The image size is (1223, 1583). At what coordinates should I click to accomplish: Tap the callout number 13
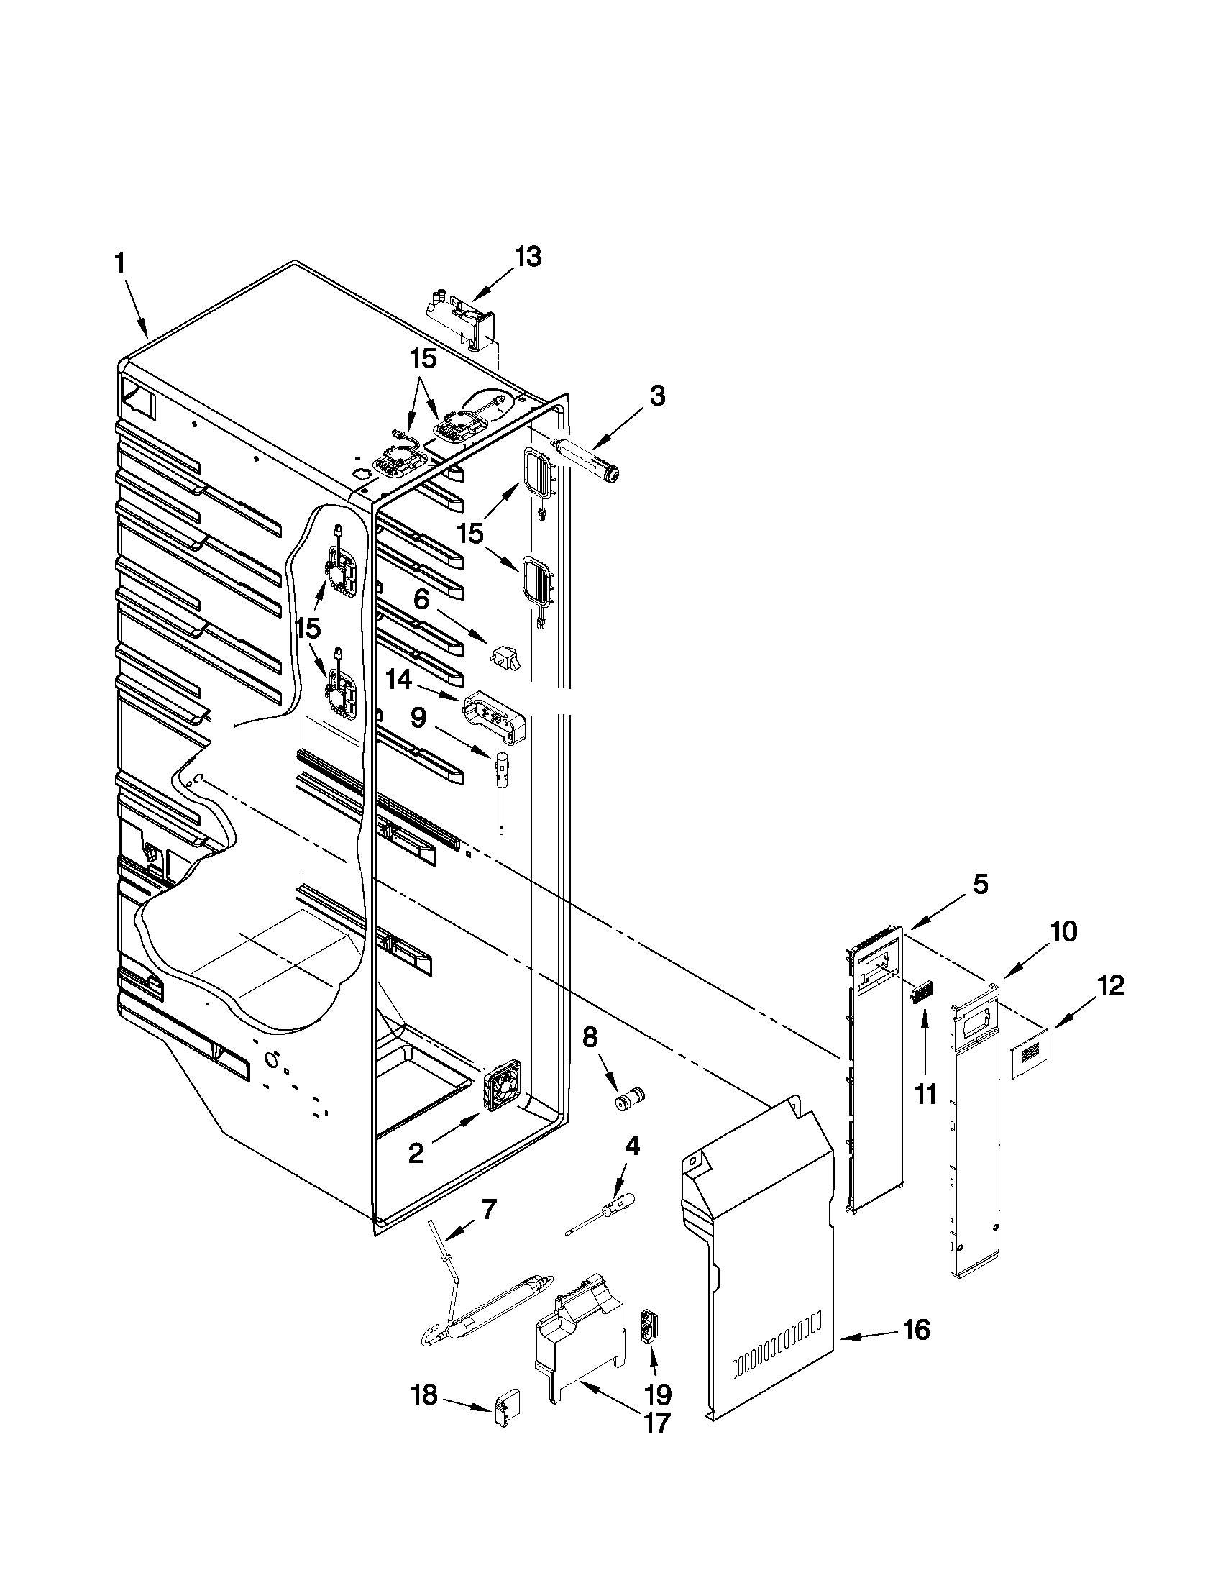tap(528, 257)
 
